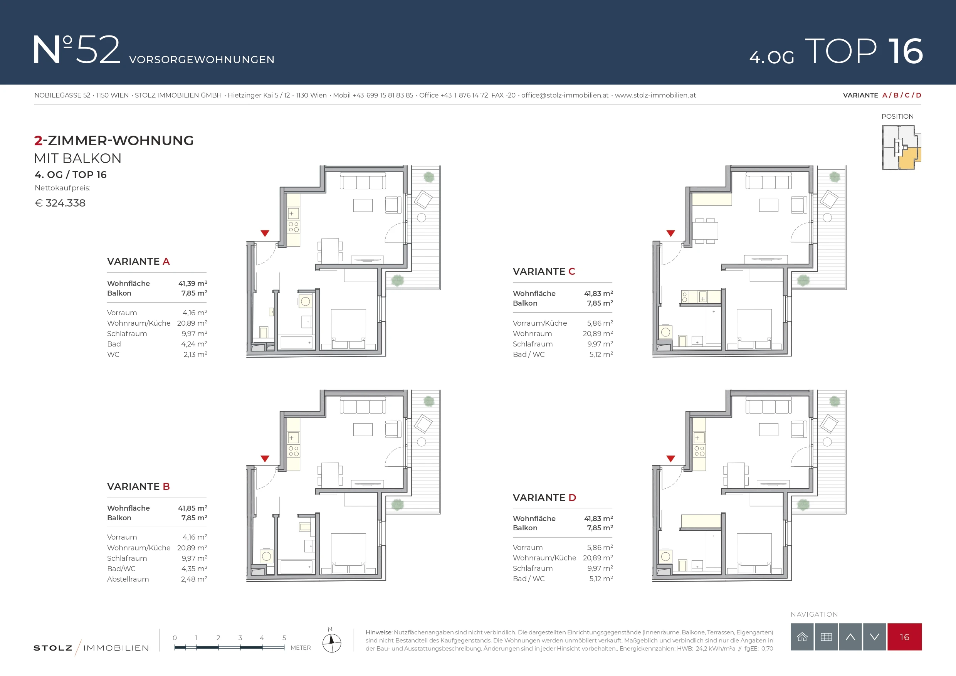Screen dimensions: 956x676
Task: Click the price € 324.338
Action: click(60, 203)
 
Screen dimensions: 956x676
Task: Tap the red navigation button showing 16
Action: click(904, 637)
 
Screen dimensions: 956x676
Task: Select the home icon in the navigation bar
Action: click(802, 637)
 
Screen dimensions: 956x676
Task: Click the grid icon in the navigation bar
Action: click(826, 637)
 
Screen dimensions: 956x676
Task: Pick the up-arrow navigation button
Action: click(850, 637)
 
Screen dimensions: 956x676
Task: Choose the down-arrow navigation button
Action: click(874, 637)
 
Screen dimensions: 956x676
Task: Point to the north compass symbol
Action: click(331, 641)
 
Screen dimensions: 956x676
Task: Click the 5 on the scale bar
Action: click(284, 638)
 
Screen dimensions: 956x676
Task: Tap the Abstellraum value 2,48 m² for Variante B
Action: click(194, 579)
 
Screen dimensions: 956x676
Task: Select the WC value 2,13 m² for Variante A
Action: click(195, 355)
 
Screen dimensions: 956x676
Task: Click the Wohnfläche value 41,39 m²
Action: click(193, 283)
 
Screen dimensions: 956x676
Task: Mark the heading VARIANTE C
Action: click(544, 272)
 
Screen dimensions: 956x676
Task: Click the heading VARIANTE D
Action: click(544, 498)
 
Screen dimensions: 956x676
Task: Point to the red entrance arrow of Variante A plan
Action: click(265, 233)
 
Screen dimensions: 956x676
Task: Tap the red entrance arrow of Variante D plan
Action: click(670, 459)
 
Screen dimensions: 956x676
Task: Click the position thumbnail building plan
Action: click(901, 148)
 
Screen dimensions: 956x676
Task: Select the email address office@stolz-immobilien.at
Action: click(565, 95)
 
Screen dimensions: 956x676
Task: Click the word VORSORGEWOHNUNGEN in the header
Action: click(202, 60)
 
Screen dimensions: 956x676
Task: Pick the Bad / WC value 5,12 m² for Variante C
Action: click(601, 355)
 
